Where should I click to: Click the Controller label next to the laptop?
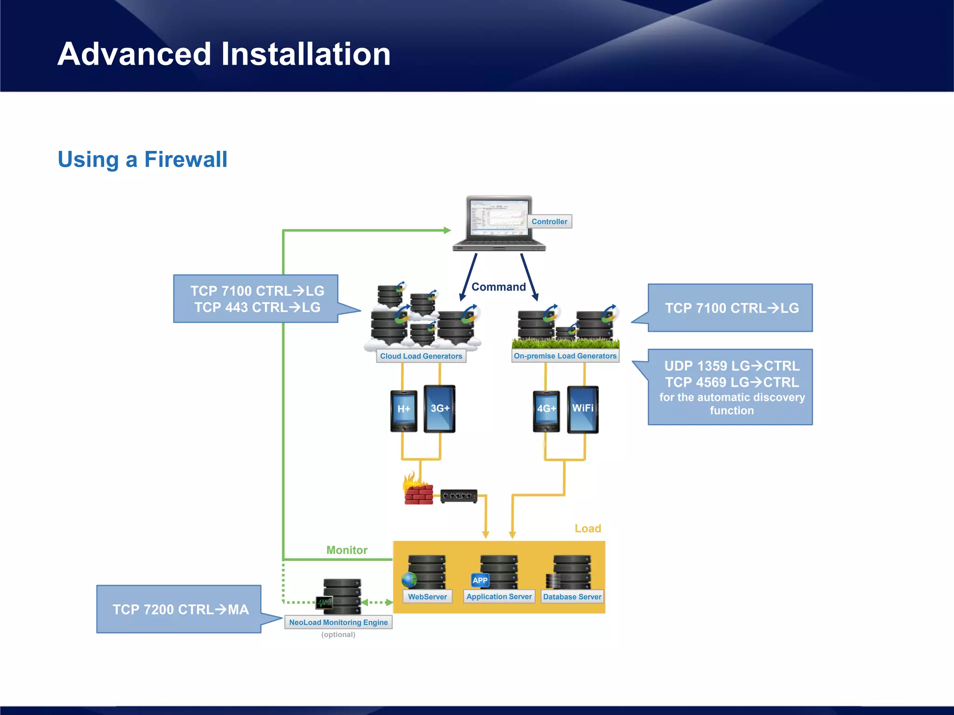point(549,222)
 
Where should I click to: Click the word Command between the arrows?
point(498,287)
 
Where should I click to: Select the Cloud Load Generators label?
point(421,356)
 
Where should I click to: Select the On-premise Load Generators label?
point(565,356)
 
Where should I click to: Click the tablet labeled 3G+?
point(439,409)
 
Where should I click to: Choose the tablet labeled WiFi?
point(583,409)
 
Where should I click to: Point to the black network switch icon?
point(459,496)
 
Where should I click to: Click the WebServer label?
point(427,597)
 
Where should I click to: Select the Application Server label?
point(499,597)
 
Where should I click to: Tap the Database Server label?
point(572,597)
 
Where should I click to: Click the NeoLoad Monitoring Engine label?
point(338,622)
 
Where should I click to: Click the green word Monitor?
point(347,550)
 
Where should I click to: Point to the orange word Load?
point(588,529)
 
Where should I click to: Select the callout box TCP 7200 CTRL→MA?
point(179,609)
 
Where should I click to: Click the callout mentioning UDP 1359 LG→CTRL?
point(730,387)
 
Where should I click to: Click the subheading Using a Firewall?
point(143,160)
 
